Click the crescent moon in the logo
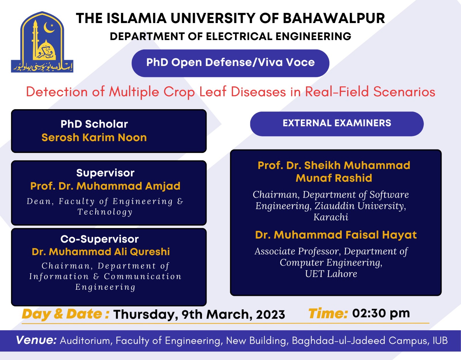tap(48, 28)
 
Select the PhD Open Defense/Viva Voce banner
tap(230, 63)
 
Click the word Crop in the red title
tap(179, 92)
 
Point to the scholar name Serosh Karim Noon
tap(94, 138)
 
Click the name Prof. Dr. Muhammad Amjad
tap(105, 186)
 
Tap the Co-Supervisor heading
tap(99, 239)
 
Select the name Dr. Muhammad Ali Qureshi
tap(101, 252)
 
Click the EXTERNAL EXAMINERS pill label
tap(337, 123)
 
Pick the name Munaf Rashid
tap(334, 178)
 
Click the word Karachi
tap(331, 217)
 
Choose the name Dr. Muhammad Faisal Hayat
tap(336, 235)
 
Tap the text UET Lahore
tap(331, 274)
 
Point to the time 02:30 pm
tap(381, 313)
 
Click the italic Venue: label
tap(36, 340)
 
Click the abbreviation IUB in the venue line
tap(440, 341)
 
